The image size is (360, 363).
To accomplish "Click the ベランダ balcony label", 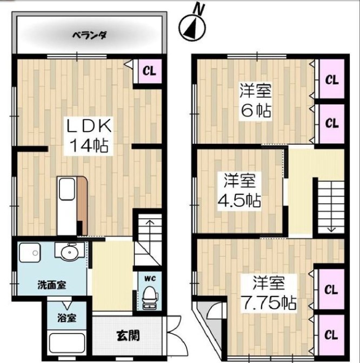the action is tap(89, 36).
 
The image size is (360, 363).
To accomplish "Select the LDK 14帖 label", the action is tap(89, 136).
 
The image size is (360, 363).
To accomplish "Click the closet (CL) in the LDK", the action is tap(149, 71).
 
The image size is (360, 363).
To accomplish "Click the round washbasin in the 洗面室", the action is tap(69, 252).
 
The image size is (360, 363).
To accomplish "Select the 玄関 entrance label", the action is tap(128, 335).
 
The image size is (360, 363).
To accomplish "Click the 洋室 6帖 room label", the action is tap(256, 100).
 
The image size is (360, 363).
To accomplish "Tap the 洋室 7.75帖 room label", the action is tap(269, 293).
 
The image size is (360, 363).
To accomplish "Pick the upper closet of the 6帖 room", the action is tap(332, 79).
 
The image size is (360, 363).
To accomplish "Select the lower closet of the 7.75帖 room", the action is tap(331, 335).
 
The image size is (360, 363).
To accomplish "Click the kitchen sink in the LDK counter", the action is tap(67, 189).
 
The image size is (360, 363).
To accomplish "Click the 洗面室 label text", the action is tap(52, 285).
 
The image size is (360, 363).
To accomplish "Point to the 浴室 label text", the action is tap(66, 318).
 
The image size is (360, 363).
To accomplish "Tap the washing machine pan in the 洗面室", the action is tap(30, 253).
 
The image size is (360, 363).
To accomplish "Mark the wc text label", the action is tap(150, 279).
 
